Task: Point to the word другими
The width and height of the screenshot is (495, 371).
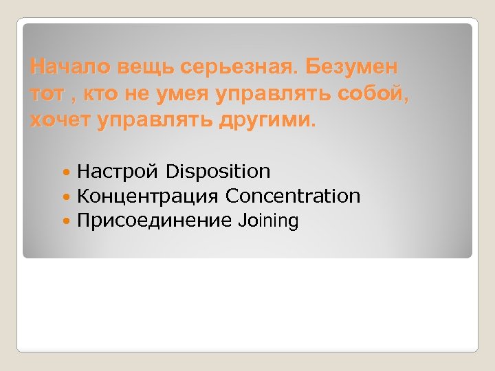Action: (x=271, y=121)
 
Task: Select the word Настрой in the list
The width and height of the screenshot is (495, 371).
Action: (x=118, y=172)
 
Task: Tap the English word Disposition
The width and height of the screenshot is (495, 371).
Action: (x=218, y=171)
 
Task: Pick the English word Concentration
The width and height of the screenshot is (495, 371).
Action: (x=293, y=196)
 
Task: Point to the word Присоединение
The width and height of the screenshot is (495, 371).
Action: (x=154, y=221)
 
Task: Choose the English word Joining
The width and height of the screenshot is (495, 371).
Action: (x=268, y=221)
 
